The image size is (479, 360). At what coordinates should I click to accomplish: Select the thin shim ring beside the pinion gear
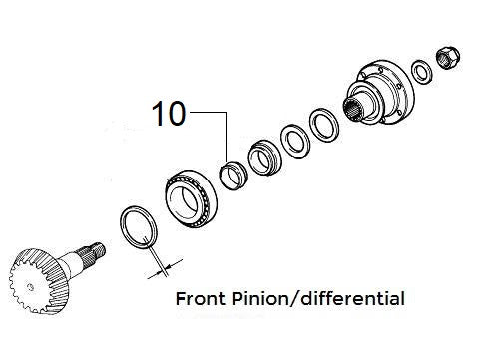[138, 225]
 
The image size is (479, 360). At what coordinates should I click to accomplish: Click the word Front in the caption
[199, 298]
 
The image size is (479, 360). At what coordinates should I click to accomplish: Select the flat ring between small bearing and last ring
[295, 138]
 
